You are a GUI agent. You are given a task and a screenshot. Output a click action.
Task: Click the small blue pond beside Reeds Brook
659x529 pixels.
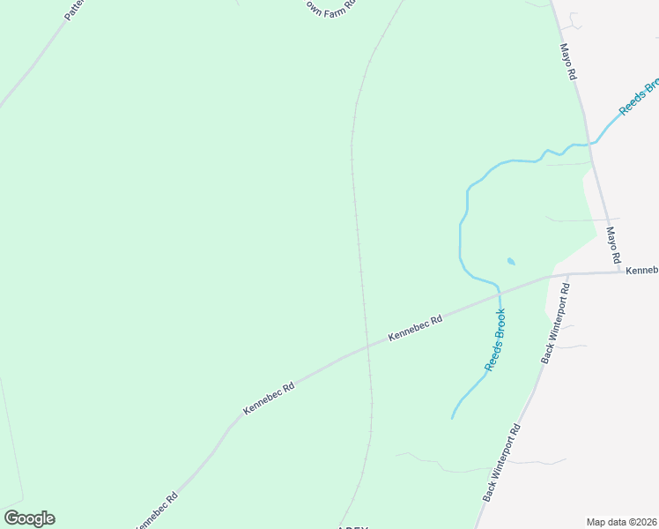[511, 262]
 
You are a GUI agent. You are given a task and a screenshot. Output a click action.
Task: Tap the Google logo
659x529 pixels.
[29, 518]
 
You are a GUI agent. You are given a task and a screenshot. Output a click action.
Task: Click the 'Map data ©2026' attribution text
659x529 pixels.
[621, 522]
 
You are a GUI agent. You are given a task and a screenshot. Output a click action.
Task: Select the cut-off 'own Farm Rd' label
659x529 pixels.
[329, 4]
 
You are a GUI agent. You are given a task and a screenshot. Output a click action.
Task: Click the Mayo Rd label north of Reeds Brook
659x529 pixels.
[568, 63]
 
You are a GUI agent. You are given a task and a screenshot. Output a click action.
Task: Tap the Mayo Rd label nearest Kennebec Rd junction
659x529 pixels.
[614, 245]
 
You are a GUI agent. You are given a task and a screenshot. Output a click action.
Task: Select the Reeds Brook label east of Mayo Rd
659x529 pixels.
[638, 97]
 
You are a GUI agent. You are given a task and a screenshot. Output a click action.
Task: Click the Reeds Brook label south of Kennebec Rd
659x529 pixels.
[495, 339]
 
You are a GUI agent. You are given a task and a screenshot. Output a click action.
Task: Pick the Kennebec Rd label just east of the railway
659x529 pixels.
[414, 328]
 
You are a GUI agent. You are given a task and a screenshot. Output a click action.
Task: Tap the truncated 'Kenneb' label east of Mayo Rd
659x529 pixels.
[642, 270]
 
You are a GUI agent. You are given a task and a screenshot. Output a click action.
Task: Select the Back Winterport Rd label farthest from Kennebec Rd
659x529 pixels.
[502, 463]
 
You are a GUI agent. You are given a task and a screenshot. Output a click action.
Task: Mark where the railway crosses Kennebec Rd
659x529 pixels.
[366, 346]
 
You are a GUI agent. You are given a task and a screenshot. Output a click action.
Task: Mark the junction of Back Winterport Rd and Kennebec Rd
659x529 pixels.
[568, 274]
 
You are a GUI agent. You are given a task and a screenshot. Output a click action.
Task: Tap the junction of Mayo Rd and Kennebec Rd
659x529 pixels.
[618, 272]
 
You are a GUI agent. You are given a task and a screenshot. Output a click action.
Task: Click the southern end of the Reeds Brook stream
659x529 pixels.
[453, 418]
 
